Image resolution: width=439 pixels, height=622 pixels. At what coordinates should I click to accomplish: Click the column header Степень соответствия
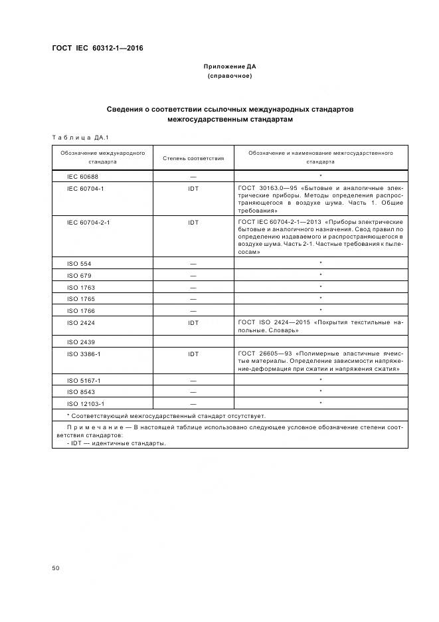[x=193, y=158]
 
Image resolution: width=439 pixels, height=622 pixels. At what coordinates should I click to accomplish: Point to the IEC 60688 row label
[x=82, y=177]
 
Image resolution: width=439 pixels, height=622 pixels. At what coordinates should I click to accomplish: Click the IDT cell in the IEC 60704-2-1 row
[x=193, y=222]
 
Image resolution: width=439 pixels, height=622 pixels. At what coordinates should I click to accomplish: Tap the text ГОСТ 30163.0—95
[x=264, y=188]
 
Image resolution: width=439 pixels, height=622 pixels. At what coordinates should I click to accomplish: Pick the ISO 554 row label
[x=78, y=264]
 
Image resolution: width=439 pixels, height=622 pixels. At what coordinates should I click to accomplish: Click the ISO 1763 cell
[x=80, y=287]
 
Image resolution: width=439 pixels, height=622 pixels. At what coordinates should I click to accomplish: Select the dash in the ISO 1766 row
[x=193, y=310]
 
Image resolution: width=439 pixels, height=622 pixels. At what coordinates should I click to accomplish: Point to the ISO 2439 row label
[x=80, y=342]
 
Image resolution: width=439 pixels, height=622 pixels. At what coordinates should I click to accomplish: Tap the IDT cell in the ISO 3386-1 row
[x=193, y=354]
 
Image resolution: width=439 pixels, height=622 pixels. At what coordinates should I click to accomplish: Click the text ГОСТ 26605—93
[x=264, y=354]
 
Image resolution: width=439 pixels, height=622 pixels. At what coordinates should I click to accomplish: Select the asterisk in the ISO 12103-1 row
[x=320, y=403]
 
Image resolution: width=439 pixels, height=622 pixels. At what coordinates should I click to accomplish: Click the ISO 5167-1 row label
[x=84, y=380]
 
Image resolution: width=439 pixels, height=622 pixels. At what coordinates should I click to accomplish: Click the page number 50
[x=56, y=569]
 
